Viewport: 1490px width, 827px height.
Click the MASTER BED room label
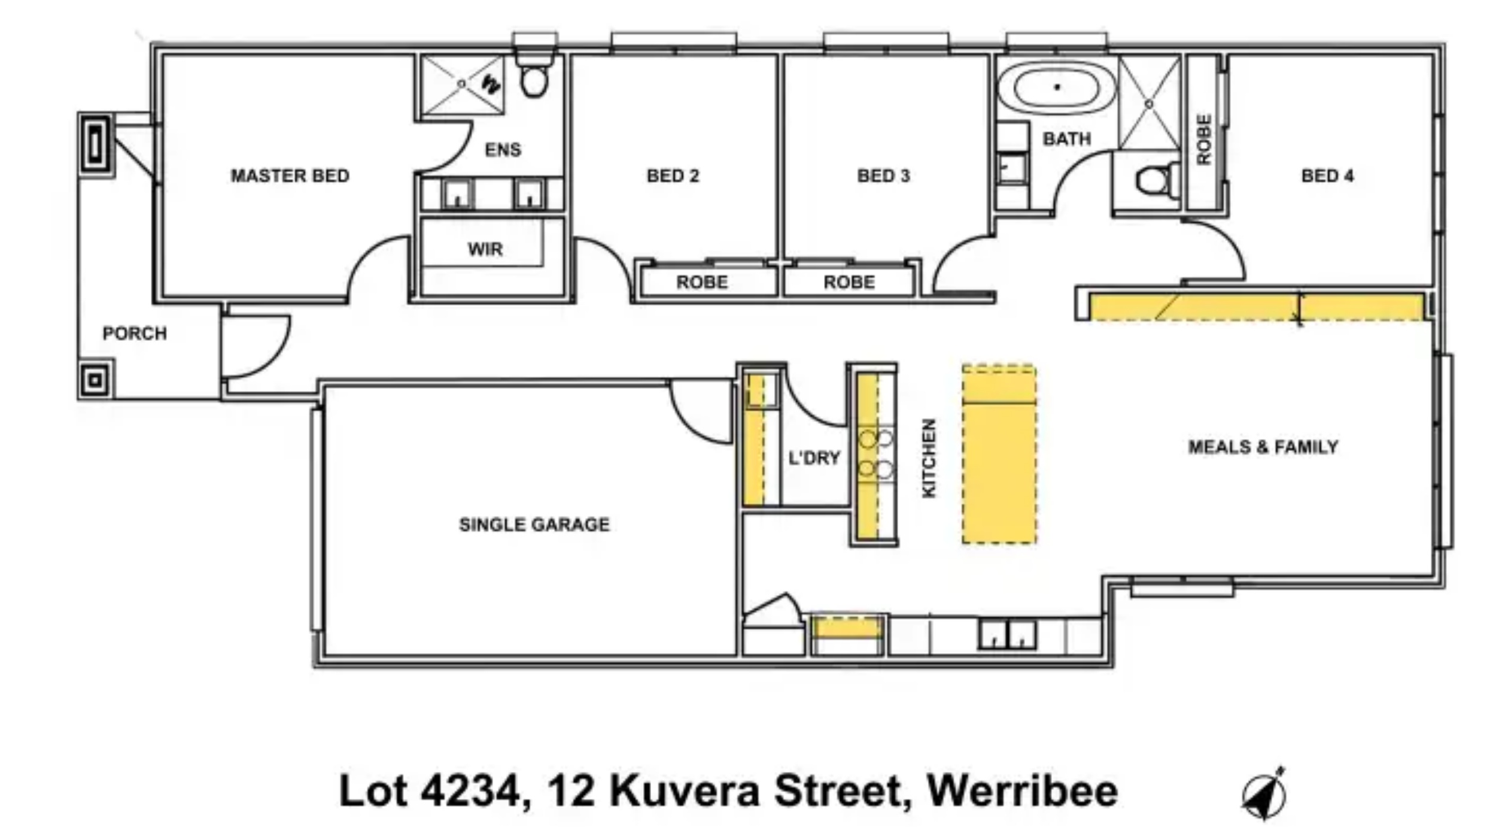coord(290,175)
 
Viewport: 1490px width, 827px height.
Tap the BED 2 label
coord(673,175)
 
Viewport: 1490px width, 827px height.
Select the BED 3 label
coord(883,175)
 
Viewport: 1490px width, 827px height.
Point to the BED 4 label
coord(1327,175)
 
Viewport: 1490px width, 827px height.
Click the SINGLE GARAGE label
coord(534,525)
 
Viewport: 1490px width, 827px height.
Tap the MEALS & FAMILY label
coord(1263,447)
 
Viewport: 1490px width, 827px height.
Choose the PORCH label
coord(135,333)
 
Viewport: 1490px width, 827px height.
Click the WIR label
coord(485,249)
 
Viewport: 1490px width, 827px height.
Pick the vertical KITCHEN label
coord(929,458)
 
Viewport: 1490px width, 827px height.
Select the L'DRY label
coord(814,458)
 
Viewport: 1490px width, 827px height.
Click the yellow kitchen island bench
coord(999,455)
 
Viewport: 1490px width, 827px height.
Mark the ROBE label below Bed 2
coord(702,282)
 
